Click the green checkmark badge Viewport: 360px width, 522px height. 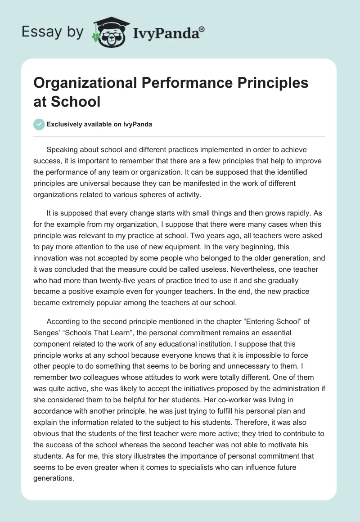(39, 124)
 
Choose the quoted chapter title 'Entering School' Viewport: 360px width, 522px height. (262, 322)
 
